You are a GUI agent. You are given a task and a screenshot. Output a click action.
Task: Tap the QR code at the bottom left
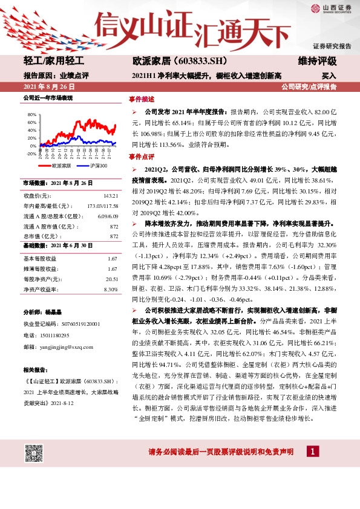coord(35,452)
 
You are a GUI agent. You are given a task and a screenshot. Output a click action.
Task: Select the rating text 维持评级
coord(317,62)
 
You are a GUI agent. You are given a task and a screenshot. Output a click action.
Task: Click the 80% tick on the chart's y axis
coord(32,114)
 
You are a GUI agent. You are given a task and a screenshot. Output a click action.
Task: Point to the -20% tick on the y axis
coord(31,154)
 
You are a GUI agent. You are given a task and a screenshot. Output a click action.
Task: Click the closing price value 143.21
coord(110,196)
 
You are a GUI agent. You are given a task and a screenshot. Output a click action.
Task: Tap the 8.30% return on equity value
coord(110,290)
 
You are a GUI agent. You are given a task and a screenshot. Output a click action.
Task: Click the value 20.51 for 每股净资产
coord(111,279)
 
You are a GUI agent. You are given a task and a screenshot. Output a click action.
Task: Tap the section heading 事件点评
coord(142,156)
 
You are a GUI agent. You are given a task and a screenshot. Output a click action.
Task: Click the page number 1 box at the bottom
coord(312,452)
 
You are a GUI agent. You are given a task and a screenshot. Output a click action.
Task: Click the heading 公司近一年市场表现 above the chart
coord(47,97)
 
